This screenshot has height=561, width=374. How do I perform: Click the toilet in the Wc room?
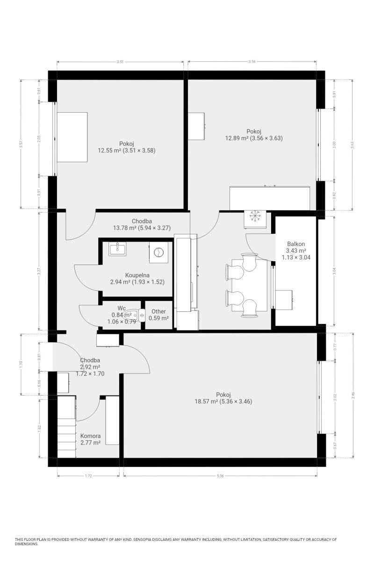coord(135,315)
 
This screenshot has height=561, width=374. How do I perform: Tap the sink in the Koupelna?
coord(117,249)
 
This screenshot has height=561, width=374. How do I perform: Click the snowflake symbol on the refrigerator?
coord(255,216)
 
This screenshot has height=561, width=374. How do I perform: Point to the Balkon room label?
coord(296,244)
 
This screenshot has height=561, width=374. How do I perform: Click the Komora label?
coord(90,436)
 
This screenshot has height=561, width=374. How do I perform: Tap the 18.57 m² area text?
coord(206,402)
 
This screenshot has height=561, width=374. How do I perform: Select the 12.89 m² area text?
coord(237,138)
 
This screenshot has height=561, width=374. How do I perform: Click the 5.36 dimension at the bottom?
coord(220,476)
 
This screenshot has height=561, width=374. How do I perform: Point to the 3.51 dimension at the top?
coord(120,62)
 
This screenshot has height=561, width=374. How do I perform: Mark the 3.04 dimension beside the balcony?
coord(334,271)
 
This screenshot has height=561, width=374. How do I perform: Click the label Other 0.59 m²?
coord(158,315)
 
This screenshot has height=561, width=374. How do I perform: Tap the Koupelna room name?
coord(137,275)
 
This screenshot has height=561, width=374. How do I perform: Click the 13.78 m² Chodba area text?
coord(125,228)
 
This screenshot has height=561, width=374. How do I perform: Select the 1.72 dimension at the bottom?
coord(89,476)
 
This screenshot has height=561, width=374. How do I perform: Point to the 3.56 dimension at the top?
coord(252,62)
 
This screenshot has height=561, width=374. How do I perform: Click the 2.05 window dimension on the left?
coord(39,139)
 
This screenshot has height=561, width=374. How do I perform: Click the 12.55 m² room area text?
coord(109,151)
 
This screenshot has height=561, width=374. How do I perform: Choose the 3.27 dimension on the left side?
coord(39,272)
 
